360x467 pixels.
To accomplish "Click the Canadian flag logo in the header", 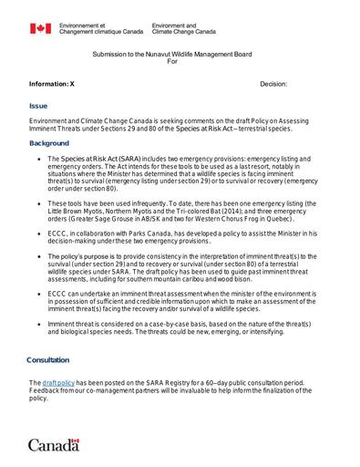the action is pyautogui.click(x=40, y=29).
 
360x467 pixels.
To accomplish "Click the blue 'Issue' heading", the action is pyautogui.click(x=38, y=105).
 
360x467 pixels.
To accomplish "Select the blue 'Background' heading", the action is pyautogui.click(x=48, y=143).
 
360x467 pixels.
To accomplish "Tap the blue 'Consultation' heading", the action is pyautogui.click(x=47, y=359).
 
